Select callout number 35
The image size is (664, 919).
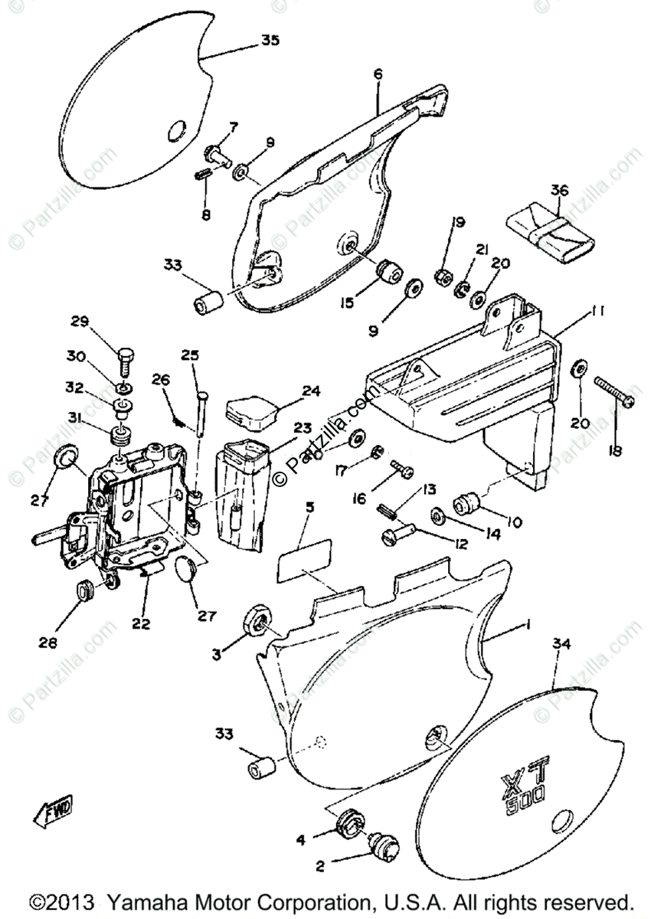click(270, 41)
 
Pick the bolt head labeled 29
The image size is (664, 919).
click(126, 356)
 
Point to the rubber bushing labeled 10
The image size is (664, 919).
click(467, 504)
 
